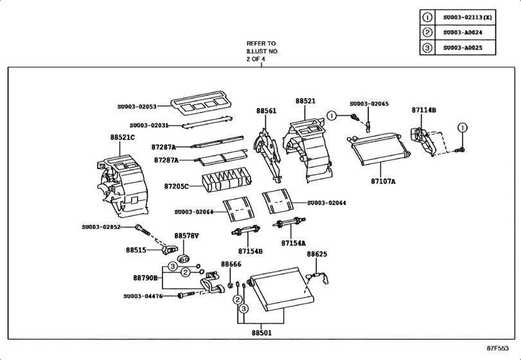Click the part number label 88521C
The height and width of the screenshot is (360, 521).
pos(122,138)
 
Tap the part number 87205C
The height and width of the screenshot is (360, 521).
pos(176,186)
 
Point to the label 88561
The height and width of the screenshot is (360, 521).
pos(267,111)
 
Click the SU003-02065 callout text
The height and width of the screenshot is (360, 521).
pos(369,104)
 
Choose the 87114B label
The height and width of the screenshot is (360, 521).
pos(424,110)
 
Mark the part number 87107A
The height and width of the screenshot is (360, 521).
pos(383,182)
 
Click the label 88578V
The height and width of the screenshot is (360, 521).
pos(187,236)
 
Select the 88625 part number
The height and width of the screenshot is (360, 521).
pos(317,255)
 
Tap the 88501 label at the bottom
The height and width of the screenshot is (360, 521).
pos(261,332)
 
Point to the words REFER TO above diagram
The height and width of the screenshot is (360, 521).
pos(261,44)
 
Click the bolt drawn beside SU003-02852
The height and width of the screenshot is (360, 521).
pos(142,228)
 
